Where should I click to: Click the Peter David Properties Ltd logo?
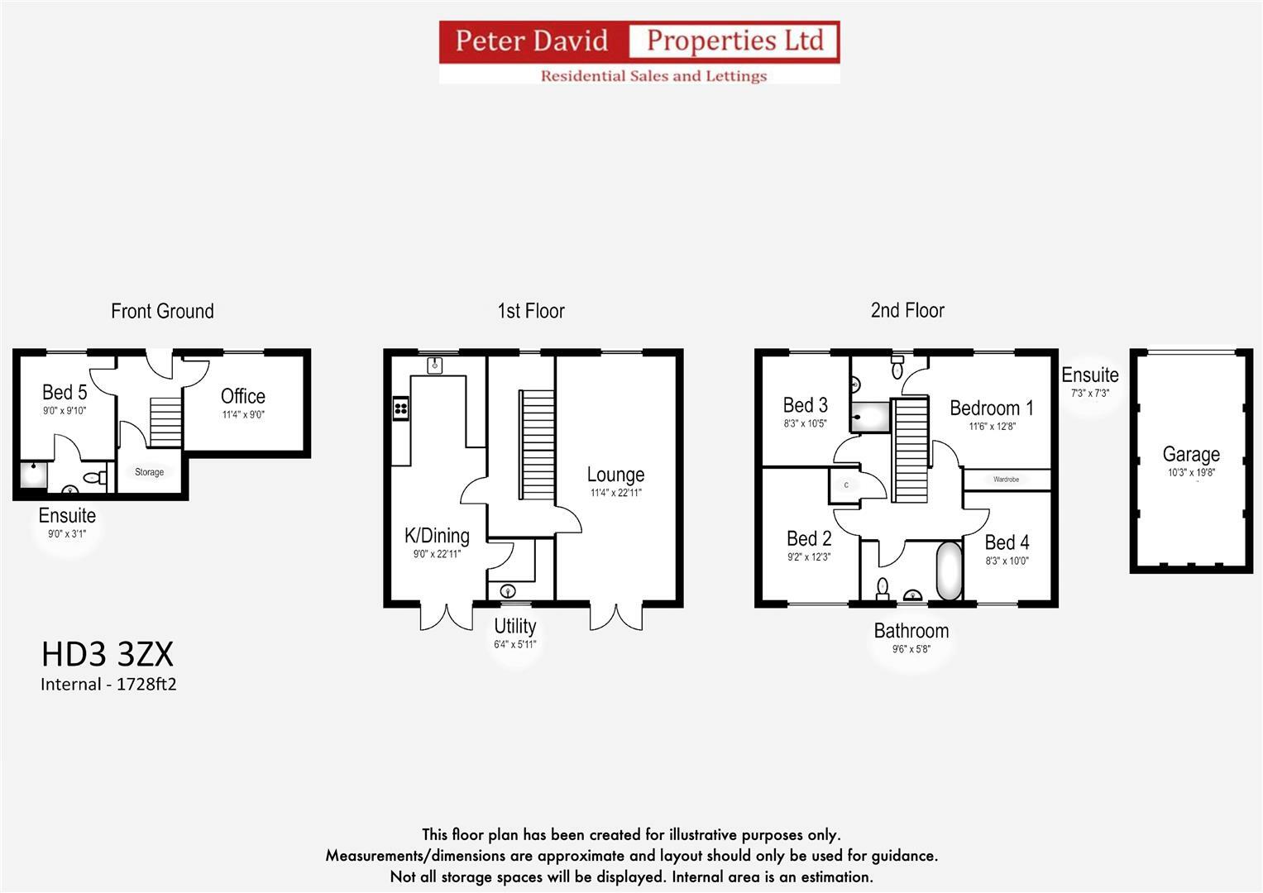[639, 52]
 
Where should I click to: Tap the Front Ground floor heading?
[162, 311]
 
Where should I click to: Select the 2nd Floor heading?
[907, 310]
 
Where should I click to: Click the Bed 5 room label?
[65, 392]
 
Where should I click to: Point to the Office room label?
[242, 396]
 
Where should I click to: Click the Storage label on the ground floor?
[149, 472]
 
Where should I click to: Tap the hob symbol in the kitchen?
[401, 408]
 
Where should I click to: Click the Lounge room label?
[615, 475]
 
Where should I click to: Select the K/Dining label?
[437, 536]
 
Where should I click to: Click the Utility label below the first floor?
[514, 626]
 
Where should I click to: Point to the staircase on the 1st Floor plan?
[537, 445]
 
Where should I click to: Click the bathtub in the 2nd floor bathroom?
[949, 570]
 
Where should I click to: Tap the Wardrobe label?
[1006, 480]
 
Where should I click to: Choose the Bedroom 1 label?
[991, 408]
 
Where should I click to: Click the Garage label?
[1190, 454]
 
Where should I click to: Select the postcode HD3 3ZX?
[108, 654]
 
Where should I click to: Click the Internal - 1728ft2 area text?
[108, 684]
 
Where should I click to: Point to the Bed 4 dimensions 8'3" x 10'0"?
[1007, 561]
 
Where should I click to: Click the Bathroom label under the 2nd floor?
[911, 631]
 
